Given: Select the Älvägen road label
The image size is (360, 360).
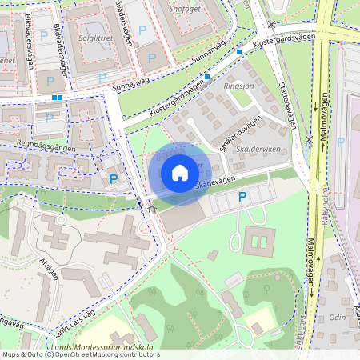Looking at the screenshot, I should point(47,272).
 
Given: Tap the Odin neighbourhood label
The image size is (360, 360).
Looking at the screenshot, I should point(338,317).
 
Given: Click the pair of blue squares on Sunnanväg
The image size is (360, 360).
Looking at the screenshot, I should point(57,98).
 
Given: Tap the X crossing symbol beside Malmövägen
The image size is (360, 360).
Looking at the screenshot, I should point(309,139).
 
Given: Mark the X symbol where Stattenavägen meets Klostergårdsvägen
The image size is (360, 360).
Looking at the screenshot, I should point(271,26).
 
